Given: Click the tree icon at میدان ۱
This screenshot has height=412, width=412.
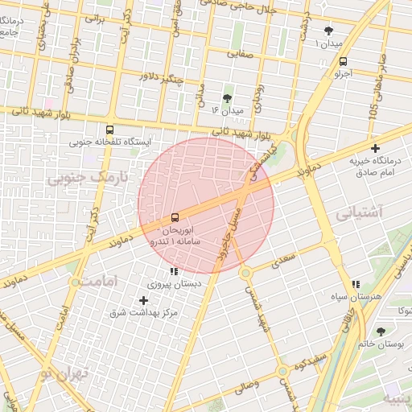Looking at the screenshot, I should [327, 29].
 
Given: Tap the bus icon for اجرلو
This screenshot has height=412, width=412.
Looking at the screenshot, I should [344, 61].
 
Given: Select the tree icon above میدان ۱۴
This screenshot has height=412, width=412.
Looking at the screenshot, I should [227, 97].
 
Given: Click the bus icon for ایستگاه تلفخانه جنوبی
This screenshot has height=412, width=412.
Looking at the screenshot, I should [109, 129].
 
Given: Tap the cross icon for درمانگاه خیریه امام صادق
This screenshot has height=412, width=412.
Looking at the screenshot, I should [376, 148].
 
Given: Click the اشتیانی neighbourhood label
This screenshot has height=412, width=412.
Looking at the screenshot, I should [360, 213].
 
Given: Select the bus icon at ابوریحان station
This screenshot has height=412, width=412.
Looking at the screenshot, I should [175, 218].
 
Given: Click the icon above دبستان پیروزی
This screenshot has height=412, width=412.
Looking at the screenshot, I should [175, 270].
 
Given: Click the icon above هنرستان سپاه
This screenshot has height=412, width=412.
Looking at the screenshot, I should [356, 284].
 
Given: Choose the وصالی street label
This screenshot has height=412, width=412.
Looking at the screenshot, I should [247, 389].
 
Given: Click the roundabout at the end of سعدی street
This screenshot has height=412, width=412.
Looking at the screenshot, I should [245, 273].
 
